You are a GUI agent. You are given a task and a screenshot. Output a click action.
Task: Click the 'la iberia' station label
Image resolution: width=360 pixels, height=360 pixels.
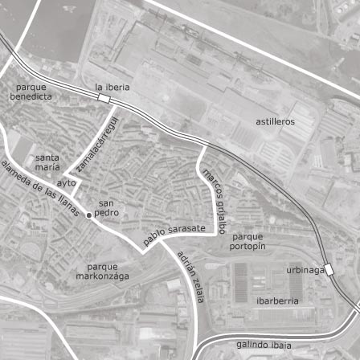[112, 86]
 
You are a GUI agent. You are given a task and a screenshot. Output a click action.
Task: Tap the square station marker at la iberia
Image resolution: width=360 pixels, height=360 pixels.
[104, 98]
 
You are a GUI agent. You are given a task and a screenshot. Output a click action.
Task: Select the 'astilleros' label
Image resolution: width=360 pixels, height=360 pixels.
[275, 121]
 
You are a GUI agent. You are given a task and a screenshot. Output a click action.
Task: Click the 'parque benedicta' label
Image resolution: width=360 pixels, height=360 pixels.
[31, 91]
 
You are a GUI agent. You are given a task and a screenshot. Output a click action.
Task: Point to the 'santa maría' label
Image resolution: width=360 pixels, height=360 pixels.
[47, 162]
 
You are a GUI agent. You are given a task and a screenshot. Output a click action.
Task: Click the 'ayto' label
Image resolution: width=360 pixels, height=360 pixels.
[67, 182]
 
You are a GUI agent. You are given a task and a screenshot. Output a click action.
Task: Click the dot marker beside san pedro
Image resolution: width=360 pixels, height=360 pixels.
[88, 215]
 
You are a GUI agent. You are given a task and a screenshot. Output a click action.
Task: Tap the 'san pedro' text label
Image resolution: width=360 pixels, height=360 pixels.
[106, 208]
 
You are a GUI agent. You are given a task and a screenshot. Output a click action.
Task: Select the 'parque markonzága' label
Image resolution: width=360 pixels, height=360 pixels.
[102, 270]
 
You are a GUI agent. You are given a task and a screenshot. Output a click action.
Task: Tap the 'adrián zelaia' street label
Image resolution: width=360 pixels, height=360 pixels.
[191, 275]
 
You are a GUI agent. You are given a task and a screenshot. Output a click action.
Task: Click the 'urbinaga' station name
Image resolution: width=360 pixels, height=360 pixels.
[305, 270]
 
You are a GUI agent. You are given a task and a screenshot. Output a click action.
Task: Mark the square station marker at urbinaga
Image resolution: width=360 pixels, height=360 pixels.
[328, 269]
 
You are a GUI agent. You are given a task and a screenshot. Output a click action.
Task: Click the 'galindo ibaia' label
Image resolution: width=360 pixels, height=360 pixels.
[258, 344]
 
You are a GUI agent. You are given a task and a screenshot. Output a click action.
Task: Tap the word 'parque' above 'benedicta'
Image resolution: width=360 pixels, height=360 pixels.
[31, 86]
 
